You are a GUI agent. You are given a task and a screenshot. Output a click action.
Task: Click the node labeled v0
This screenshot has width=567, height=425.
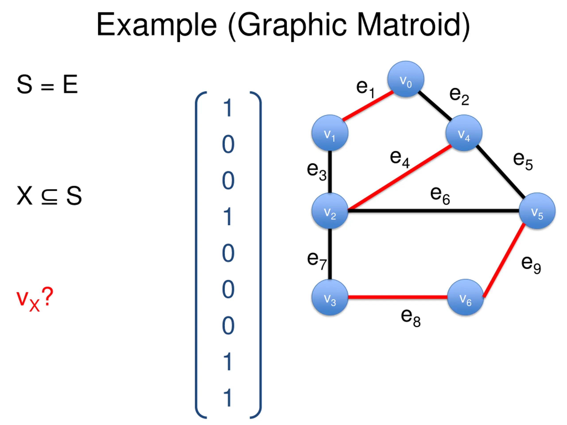pos(406,79)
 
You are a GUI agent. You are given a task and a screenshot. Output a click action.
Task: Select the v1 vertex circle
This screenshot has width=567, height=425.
pos(330,133)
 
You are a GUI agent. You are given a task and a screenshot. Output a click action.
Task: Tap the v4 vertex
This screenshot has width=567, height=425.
pos(464,133)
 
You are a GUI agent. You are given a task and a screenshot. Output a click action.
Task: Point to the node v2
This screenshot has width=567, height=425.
pos(330,211)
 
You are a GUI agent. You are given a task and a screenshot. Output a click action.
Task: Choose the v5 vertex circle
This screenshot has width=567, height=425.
pos(537,211)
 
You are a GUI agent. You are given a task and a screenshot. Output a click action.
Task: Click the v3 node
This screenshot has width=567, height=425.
pos(330,297)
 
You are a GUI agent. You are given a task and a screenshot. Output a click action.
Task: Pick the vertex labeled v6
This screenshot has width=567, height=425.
pos(465,297)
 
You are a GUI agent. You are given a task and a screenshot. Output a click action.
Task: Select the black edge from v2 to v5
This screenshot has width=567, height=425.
pos(433,211)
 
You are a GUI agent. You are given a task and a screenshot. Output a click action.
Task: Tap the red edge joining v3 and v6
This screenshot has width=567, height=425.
pos(397,297)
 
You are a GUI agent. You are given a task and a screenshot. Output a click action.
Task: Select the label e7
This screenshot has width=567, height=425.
pos(317,260)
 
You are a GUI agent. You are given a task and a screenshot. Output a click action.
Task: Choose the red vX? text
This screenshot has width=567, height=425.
pos(35,298)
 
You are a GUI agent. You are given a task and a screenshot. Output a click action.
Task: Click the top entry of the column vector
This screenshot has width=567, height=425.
pos(228,108)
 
